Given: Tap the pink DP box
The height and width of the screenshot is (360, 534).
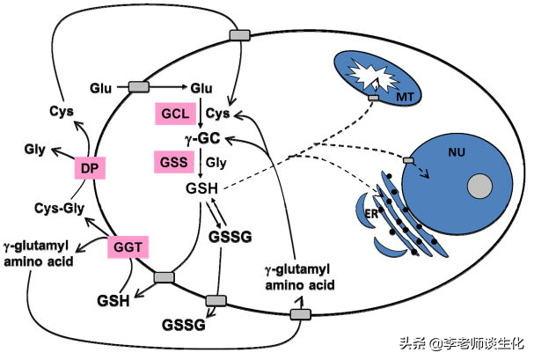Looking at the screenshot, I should point(88,169).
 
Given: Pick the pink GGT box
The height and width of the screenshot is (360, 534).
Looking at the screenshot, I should point(126,248).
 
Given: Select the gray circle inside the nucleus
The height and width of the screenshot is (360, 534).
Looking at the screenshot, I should point(479,187).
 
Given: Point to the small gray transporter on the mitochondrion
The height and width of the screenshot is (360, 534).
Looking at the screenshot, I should point(374,96).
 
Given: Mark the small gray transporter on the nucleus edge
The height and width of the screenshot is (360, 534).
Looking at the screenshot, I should point(407,161).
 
